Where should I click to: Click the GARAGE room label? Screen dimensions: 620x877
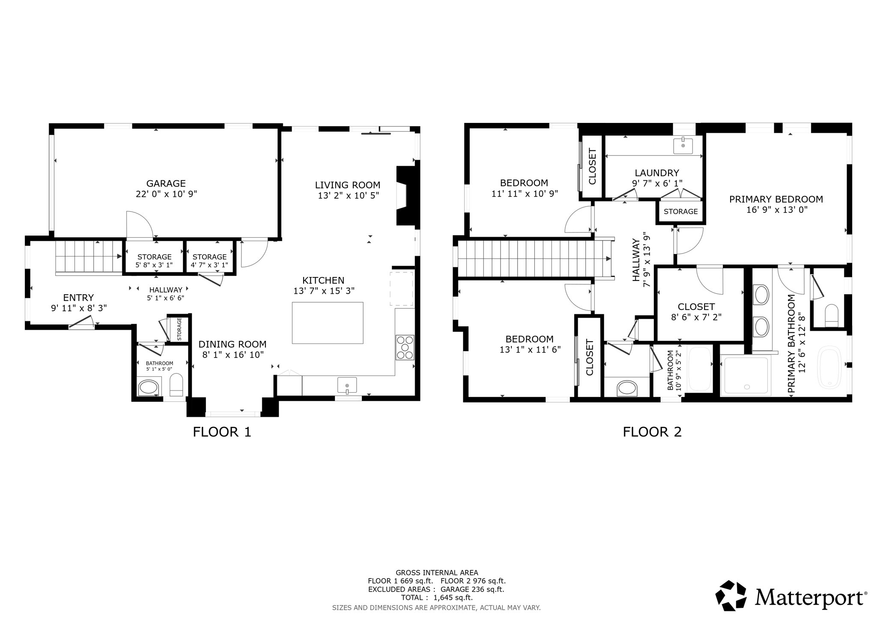[x=166, y=183]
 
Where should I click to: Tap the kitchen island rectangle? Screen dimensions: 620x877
[x=328, y=323]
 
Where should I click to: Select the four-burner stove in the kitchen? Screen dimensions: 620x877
[x=405, y=347]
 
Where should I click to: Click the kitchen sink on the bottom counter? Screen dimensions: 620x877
[x=347, y=385]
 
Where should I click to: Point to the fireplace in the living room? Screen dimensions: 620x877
[x=406, y=196]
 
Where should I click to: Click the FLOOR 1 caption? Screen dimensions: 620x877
[x=222, y=432]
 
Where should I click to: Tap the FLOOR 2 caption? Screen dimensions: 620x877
[x=652, y=432]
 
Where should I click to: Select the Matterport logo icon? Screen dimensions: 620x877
[x=731, y=595]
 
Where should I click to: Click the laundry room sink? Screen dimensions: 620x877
[x=683, y=146]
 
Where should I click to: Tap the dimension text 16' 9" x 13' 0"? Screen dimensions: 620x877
[x=776, y=210]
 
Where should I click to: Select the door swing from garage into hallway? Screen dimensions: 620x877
[x=139, y=225]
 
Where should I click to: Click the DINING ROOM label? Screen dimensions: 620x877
[x=232, y=344]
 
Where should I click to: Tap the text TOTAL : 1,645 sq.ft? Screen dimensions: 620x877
[x=436, y=597]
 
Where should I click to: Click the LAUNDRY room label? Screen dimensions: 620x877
[x=656, y=173]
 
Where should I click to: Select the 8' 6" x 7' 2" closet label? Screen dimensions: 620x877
[x=696, y=317]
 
